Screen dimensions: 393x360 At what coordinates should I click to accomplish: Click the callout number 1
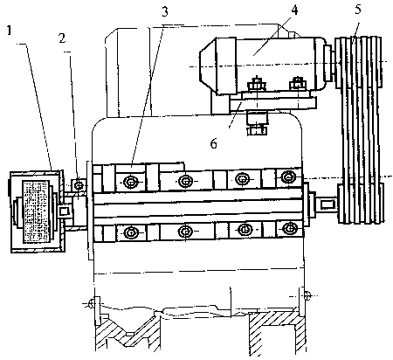(10, 30)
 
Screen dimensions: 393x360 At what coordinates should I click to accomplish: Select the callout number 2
(62, 38)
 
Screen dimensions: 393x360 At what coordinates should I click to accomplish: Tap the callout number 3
(165, 11)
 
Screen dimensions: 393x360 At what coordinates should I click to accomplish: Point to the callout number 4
(294, 10)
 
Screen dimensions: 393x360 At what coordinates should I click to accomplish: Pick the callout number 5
(358, 10)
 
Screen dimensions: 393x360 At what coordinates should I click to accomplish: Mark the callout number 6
(213, 143)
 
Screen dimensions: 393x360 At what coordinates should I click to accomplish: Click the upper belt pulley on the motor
(358, 62)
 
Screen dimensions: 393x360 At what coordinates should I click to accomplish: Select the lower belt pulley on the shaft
(361, 203)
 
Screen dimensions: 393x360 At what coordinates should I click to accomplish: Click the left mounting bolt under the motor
(256, 84)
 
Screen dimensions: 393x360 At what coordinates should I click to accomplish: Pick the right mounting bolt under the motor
(297, 84)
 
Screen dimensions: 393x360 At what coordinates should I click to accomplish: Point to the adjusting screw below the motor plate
(257, 123)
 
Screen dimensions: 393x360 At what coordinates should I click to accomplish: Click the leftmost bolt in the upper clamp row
(130, 182)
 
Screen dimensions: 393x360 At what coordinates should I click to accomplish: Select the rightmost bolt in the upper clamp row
(288, 177)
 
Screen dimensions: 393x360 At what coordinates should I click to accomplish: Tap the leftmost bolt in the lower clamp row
(130, 232)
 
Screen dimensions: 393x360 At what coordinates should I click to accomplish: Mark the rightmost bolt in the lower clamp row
(289, 227)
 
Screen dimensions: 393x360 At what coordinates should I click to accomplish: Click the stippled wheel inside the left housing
(37, 211)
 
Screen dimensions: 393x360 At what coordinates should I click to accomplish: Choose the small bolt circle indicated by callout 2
(79, 185)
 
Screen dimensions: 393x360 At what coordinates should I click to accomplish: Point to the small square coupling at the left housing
(64, 211)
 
